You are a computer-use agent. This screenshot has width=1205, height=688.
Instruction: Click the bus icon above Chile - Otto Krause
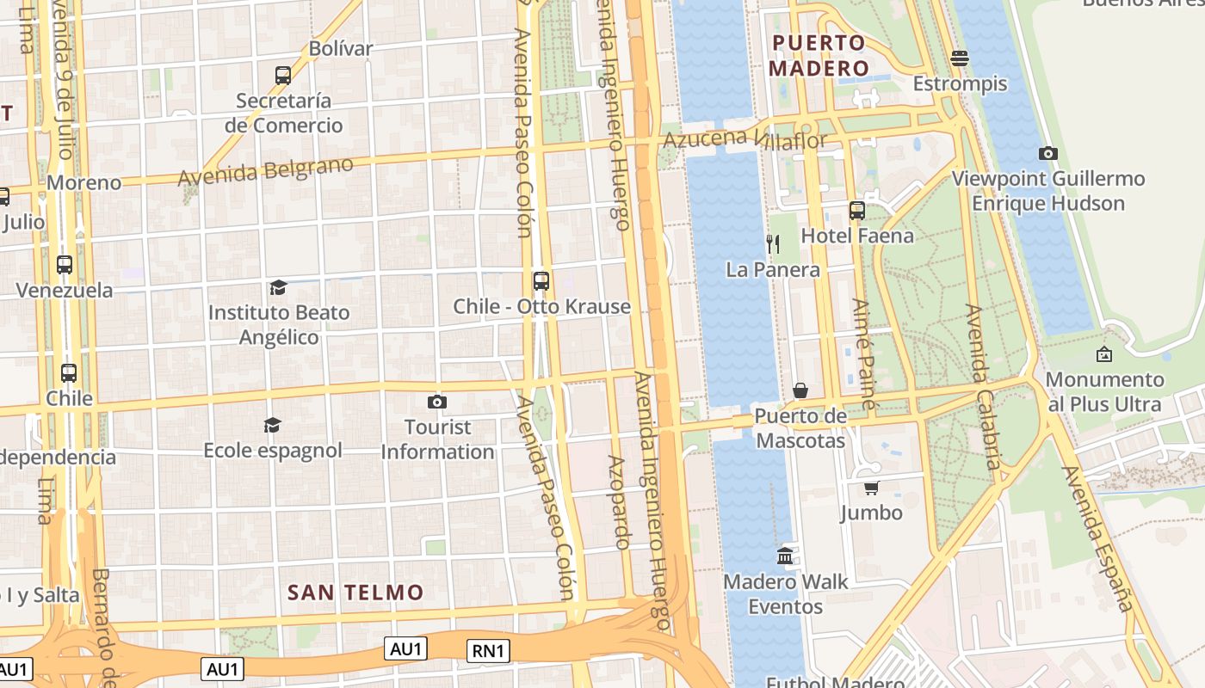coord(541,280)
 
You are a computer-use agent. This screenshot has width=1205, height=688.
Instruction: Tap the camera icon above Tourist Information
coord(437,402)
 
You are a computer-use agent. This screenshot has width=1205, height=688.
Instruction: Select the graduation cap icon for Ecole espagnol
coord(273,425)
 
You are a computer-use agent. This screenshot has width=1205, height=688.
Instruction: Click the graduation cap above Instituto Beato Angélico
coord(278,287)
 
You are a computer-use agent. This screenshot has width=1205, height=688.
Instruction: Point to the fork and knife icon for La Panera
coord(773,244)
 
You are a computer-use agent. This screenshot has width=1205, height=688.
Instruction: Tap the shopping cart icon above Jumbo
coord(871,488)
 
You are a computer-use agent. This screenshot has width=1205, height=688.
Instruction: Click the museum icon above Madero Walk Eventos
coord(785,556)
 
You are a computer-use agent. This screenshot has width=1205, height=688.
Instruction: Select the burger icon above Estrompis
coord(960,58)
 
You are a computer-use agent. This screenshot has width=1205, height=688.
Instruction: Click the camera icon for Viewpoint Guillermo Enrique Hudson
coord(1047,153)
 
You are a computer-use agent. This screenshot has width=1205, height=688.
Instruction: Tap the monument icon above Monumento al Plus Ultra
coord(1103,353)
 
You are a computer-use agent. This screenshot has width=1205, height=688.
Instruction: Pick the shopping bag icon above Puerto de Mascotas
coord(800,390)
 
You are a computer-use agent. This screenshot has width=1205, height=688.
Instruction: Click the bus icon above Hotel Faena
coord(856,210)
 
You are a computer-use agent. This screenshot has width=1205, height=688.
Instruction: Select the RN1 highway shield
coord(488,651)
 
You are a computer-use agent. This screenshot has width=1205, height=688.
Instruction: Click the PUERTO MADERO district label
coord(818,55)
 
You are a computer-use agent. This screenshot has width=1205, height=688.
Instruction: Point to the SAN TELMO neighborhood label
coord(355,592)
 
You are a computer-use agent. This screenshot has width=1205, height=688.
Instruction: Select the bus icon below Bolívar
coord(283,75)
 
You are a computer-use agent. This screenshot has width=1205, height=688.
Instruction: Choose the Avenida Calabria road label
coord(984,387)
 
